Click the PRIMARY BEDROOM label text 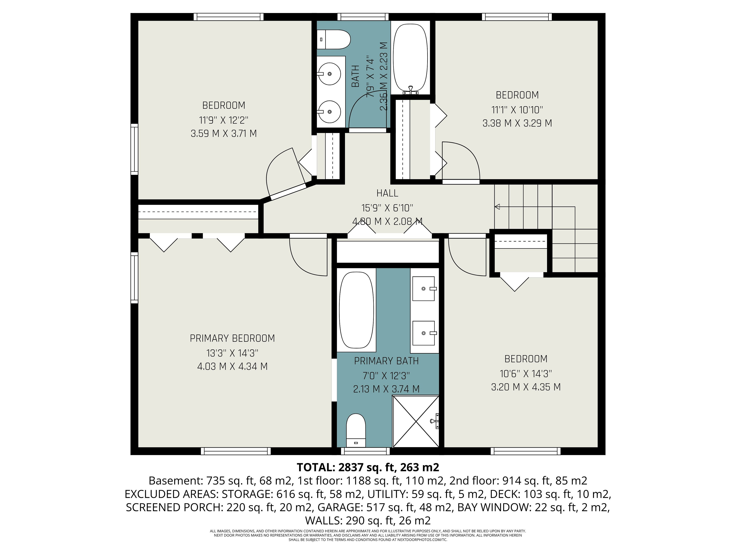point(232,338)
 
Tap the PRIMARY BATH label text point(386,361)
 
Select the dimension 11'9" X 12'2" point(224,120)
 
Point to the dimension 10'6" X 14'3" point(526,374)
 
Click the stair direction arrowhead point(497,207)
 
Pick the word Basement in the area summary point(175,481)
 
